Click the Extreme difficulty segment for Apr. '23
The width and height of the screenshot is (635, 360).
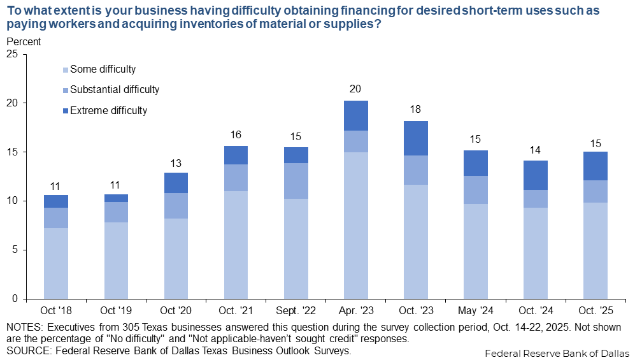(355, 115)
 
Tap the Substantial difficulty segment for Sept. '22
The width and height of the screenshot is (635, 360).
(296, 181)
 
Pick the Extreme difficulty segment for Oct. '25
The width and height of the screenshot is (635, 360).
(595, 166)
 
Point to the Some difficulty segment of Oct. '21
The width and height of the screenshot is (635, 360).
(236, 245)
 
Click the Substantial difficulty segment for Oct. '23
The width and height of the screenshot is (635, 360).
(415, 170)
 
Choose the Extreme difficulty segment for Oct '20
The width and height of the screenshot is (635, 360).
(176, 183)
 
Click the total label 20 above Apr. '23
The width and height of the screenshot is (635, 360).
(355, 89)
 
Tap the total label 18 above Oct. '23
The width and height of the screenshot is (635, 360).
(415, 109)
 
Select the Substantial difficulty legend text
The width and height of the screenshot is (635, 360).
(115, 90)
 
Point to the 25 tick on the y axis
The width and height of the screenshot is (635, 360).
(11, 54)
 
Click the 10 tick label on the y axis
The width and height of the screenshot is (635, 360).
(11, 201)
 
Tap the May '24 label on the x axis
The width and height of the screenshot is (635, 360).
(475, 312)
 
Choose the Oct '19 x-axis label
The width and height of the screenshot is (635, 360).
(116, 312)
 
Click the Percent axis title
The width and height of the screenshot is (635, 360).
(23, 41)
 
